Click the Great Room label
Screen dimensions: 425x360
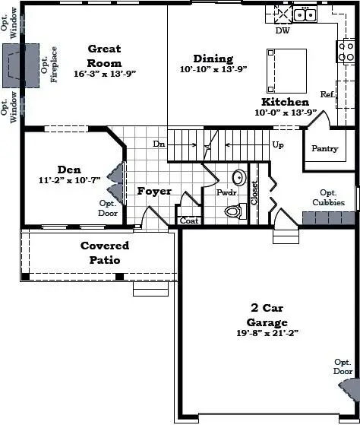point(104,56)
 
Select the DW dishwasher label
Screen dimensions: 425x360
point(283,31)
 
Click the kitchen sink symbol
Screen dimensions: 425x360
point(305,14)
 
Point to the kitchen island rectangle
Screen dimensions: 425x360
point(286,71)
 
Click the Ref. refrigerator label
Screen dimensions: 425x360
point(327,94)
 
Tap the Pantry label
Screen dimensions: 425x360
point(324,149)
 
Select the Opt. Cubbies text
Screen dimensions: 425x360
point(328,198)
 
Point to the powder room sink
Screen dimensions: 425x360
point(238,178)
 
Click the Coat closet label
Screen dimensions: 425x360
point(188,221)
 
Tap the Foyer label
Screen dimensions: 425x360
point(154,192)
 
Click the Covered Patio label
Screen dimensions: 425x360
point(105,252)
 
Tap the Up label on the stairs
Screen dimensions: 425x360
point(278,144)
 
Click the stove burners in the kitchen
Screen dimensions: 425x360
point(346,52)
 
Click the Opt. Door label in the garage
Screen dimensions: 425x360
point(342,366)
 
